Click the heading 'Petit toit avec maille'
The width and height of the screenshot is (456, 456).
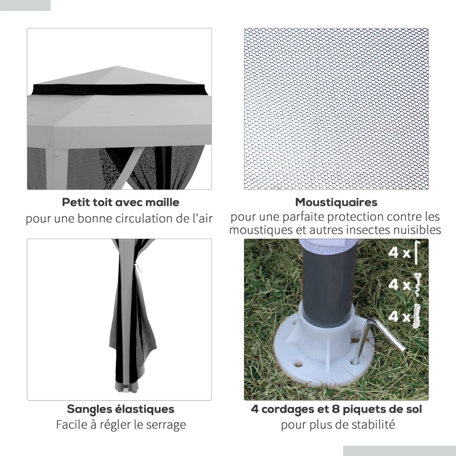tap(120, 202)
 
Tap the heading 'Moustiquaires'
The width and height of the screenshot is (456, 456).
tap(336, 202)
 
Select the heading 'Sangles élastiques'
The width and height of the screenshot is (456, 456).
tap(120, 409)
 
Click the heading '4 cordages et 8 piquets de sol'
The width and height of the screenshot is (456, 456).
tap(336, 409)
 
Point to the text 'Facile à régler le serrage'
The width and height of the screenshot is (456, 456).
tap(120, 425)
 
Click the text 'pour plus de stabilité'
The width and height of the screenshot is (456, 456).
tap(336, 425)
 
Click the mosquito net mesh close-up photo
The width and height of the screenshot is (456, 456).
tap(336, 108)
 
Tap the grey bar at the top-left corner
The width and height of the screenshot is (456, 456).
tap(25, 5)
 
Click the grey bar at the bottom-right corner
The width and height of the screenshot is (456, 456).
tap(399, 450)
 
